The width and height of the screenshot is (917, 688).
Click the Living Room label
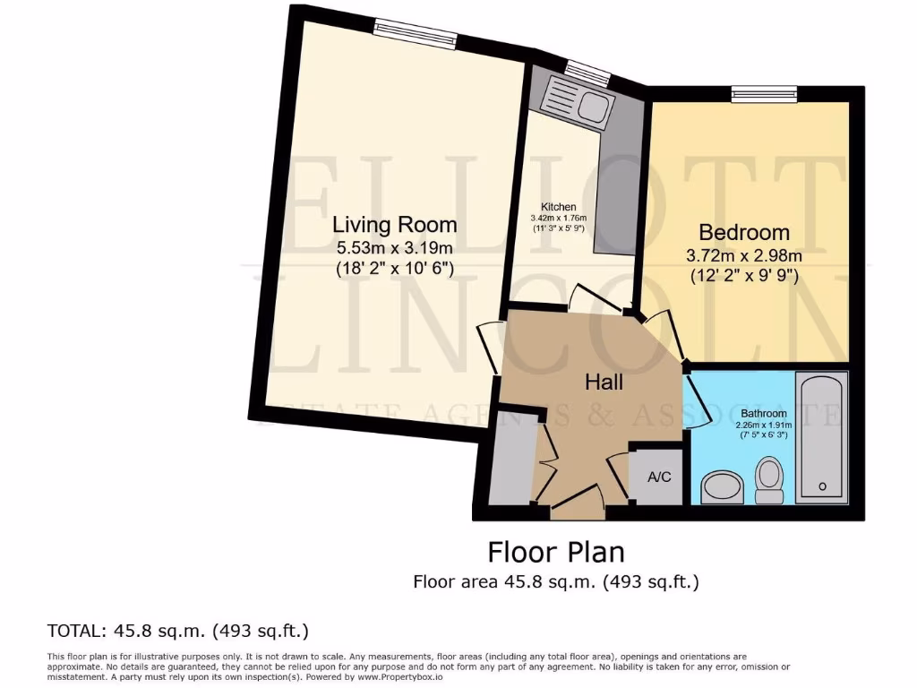point(394,224)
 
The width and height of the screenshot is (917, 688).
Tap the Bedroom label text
point(743,233)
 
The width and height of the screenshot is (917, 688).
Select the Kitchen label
point(558,207)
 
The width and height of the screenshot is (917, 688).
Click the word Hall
point(604,382)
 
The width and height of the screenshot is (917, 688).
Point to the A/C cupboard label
point(659,477)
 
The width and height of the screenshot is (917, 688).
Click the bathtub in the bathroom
point(822,439)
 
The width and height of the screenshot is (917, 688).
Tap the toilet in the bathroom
point(769,479)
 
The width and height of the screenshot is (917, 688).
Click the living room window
point(416,34)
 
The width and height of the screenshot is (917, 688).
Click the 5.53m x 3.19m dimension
point(394,247)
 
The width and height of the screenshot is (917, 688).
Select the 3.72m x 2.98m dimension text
point(743,255)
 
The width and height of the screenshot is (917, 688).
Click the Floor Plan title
point(555,550)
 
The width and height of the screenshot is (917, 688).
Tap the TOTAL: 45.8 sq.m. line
point(177,630)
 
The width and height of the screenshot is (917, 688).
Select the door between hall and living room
point(489,348)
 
